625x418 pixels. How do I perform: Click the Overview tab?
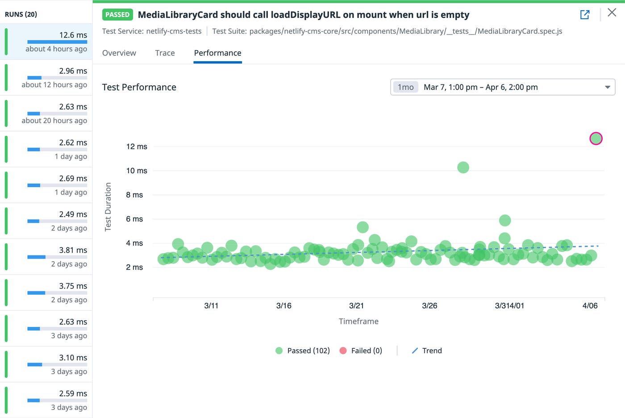click(119, 53)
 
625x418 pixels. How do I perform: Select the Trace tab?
click(165, 53)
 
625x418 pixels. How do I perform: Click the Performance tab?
click(217, 53)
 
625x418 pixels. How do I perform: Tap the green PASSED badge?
click(117, 15)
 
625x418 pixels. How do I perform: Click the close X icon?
click(612, 13)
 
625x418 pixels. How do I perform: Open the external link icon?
click(585, 15)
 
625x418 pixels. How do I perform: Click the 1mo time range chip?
click(405, 87)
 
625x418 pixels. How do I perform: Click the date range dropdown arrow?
click(607, 87)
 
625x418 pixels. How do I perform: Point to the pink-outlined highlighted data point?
click(596, 138)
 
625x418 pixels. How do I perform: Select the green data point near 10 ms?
click(463, 167)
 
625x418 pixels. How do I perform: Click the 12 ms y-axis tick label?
click(137, 146)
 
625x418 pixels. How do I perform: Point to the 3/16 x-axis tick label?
click(284, 306)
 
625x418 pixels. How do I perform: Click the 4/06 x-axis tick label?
click(590, 306)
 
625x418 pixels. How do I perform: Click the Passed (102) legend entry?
click(303, 351)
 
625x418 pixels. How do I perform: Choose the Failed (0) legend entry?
click(361, 351)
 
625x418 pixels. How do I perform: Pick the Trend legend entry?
click(427, 351)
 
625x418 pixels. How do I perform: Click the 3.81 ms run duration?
click(73, 250)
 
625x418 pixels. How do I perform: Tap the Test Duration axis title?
click(108, 207)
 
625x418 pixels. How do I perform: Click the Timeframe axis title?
click(358, 321)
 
